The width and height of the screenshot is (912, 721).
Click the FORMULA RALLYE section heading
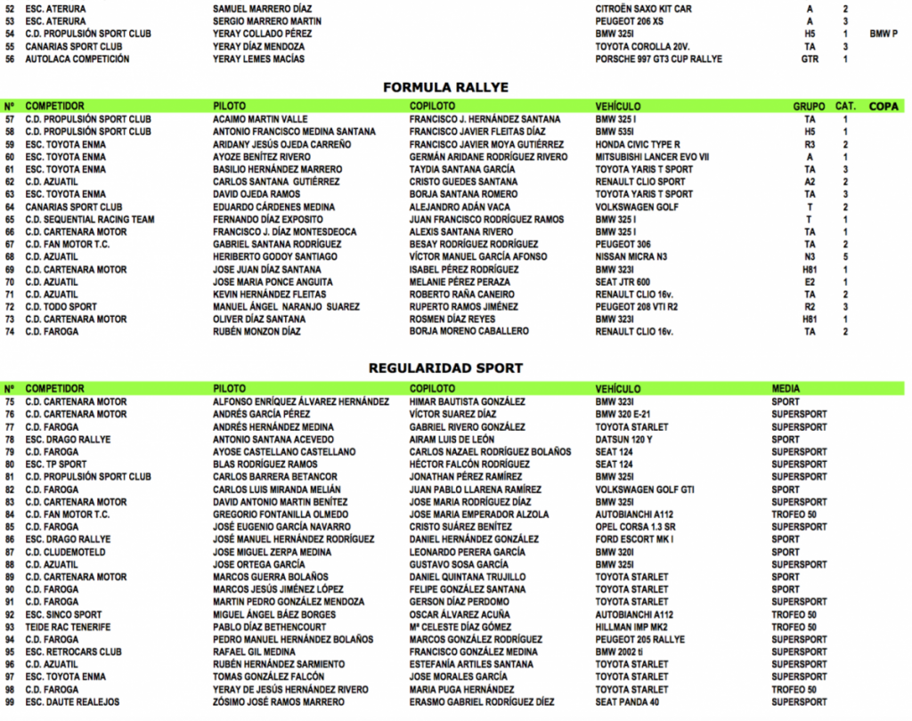(445, 87)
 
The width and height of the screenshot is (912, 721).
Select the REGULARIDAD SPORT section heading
(445, 368)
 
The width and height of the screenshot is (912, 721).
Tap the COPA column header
(883, 106)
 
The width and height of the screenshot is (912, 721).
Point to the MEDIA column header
(786, 389)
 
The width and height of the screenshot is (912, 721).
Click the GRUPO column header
(809, 106)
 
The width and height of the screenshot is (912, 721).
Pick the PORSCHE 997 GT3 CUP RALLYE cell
(658, 60)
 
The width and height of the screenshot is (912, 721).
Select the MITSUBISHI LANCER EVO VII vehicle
(652, 157)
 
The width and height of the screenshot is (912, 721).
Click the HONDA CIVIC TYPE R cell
(638, 144)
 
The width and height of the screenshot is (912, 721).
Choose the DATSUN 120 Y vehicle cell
(623, 440)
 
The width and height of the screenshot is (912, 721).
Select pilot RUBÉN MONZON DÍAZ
(256, 332)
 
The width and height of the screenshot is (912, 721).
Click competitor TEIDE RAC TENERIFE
(68, 627)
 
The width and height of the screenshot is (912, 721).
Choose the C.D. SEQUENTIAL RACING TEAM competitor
(90, 220)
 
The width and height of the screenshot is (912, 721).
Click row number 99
(10, 702)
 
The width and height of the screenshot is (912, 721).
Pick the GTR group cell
(810, 60)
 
